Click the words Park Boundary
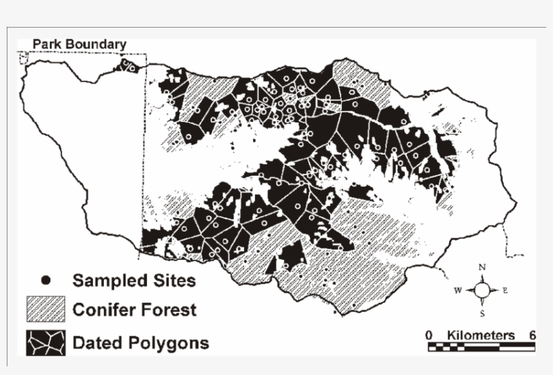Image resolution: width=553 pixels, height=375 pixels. (79, 45)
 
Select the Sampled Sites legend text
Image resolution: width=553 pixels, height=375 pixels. (134, 279)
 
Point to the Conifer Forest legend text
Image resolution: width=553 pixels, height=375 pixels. (134, 310)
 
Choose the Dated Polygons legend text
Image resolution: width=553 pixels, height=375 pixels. (140, 343)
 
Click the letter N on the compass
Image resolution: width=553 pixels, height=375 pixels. (482, 267)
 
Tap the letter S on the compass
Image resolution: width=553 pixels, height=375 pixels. (482, 314)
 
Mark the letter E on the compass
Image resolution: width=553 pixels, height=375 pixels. (505, 291)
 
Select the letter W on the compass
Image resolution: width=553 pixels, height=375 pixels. (457, 291)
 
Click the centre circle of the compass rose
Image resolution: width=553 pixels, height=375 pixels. (482, 290)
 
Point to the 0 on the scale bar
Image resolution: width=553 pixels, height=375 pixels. (429, 335)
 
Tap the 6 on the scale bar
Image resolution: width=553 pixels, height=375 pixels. (532, 335)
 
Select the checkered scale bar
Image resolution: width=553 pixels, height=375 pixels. (481, 347)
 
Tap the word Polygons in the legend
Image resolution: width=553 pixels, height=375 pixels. (178, 343)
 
